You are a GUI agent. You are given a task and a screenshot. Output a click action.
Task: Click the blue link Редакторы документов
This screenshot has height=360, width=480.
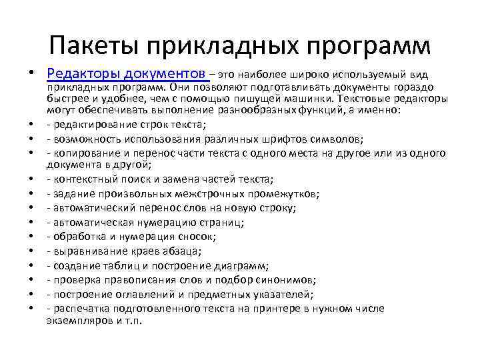tap(127, 72)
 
